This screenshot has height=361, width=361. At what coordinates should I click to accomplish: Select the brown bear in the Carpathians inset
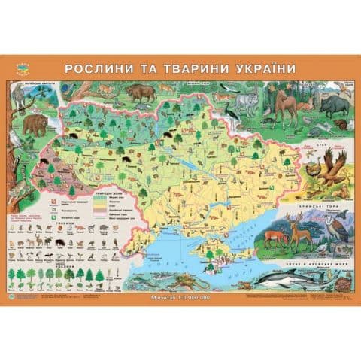(x=34, y=123)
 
